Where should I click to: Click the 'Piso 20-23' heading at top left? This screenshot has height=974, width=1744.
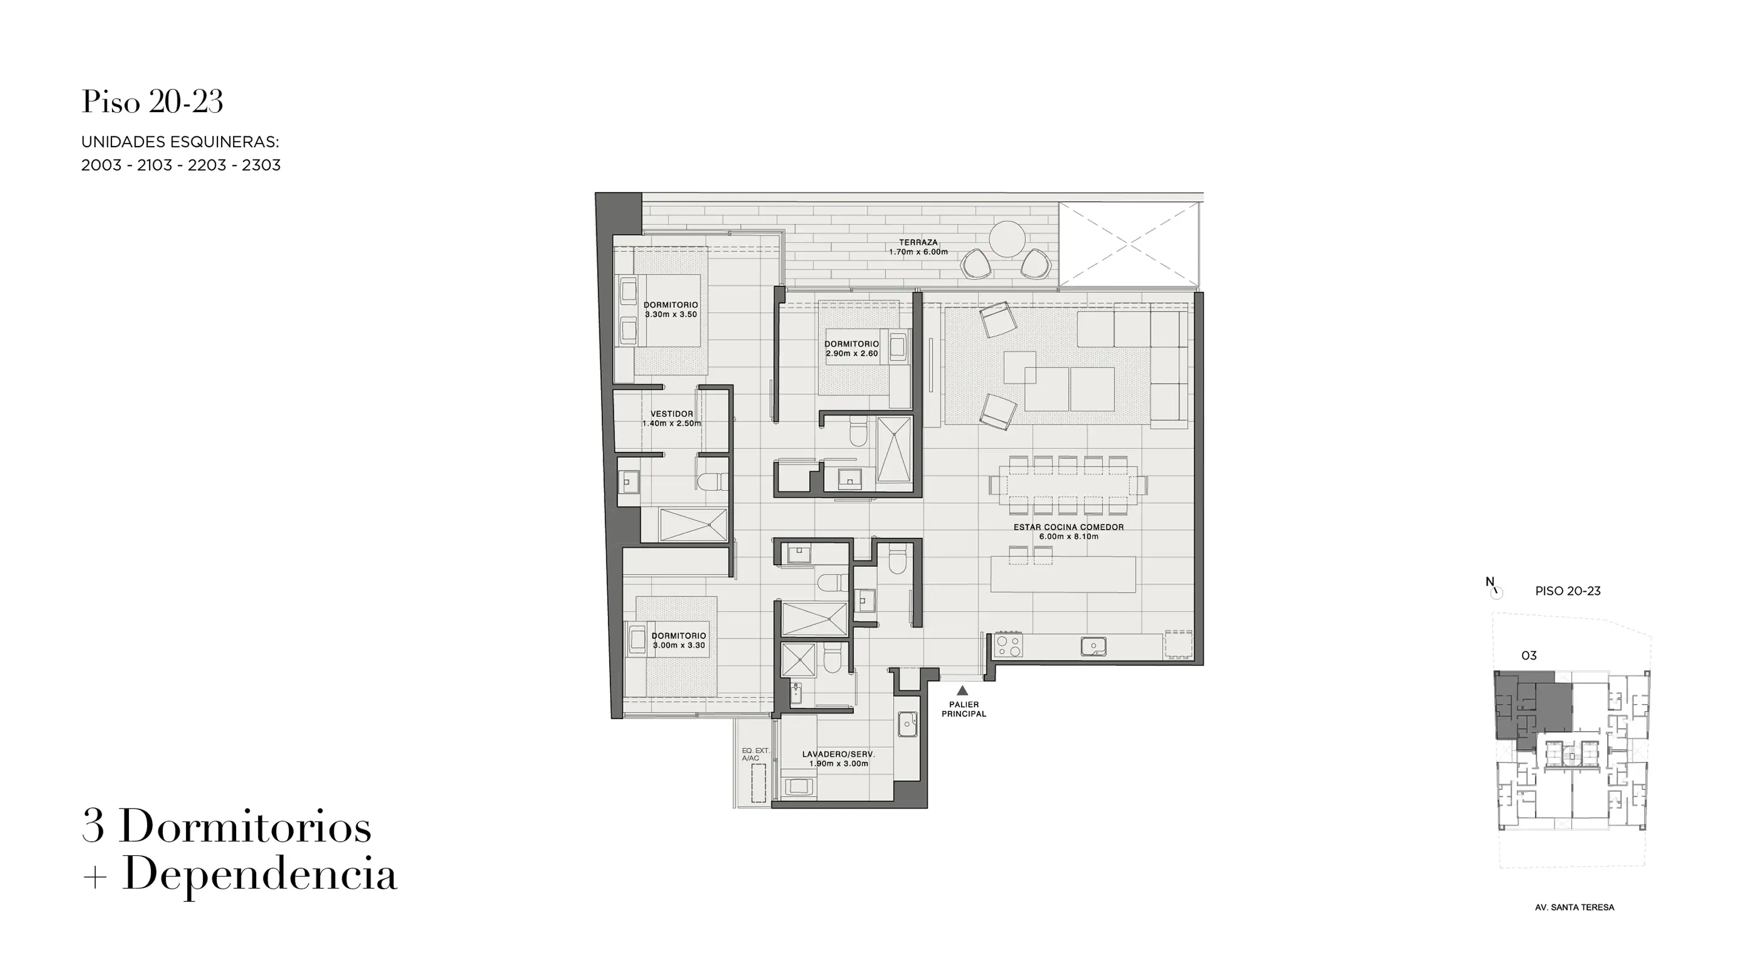click(x=153, y=102)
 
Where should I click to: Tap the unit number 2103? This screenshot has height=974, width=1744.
click(x=154, y=165)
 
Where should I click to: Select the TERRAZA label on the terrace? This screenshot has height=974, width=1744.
click(x=918, y=242)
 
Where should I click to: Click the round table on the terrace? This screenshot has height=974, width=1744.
click(x=1006, y=239)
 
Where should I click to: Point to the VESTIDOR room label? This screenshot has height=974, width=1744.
click(x=672, y=414)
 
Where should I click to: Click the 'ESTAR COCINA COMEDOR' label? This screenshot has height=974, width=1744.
click(x=1068, y=527)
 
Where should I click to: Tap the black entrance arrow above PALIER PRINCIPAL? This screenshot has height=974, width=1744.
click(x=962, y=690)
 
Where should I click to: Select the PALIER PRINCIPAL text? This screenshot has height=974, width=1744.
click(x=963, y=709)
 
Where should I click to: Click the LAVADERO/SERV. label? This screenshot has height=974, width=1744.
click(x=838, y=754)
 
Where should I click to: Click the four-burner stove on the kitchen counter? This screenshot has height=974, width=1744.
click(x=1008, y=645)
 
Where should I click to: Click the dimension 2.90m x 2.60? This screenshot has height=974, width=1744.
click(x=851, y=354)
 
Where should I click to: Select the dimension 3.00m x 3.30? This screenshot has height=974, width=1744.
click(x=678, y=646)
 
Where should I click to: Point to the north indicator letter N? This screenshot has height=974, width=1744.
click(x=1490, y=582)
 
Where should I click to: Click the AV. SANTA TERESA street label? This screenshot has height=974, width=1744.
click(x=1574, y=907)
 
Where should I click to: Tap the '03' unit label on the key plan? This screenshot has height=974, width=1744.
click(x=1528, y=655)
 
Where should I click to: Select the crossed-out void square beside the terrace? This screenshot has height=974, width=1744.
click(x=1129, y=244)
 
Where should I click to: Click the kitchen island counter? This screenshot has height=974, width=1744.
click(x=1063, y=574)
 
